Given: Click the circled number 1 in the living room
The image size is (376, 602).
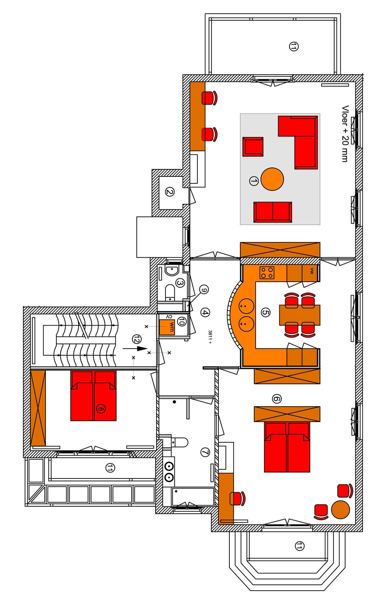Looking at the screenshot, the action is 253,181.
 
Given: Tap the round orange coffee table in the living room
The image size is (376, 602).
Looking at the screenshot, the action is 272,179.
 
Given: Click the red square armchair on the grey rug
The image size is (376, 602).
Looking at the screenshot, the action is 253,147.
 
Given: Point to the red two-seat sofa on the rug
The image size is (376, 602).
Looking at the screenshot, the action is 273,212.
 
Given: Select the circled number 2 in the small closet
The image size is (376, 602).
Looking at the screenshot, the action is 170,192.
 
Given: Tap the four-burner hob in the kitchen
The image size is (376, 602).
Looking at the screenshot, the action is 267,273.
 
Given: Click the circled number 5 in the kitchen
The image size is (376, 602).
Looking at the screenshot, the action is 265,312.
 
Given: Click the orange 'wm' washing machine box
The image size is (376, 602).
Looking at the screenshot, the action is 167,327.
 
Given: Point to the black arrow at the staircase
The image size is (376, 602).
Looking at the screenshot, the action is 135,349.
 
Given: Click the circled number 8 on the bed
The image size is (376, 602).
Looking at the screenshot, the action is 101,409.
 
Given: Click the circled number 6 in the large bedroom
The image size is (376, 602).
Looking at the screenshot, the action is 277,399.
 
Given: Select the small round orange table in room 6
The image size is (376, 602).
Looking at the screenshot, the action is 341,510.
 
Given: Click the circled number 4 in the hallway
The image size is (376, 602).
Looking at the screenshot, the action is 205,312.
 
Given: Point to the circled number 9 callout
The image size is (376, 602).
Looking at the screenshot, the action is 204,290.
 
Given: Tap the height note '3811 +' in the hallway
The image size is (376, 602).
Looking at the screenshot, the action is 210,337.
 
